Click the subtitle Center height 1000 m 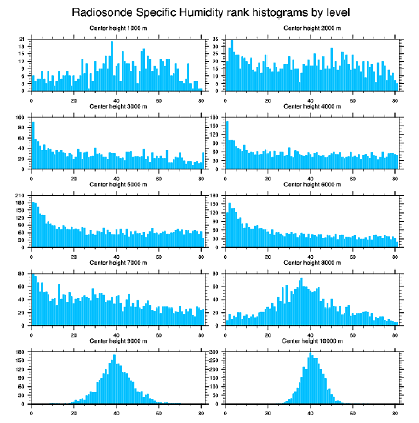click(118, 28)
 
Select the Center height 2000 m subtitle click(312, 28)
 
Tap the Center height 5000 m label click(118, 184)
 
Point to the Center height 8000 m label click(312, 262)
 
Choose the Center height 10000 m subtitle click(312, 340)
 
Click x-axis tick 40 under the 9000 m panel click(116, 412)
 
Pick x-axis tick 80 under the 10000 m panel click(395, 412)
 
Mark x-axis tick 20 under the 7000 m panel click(74, 334)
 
